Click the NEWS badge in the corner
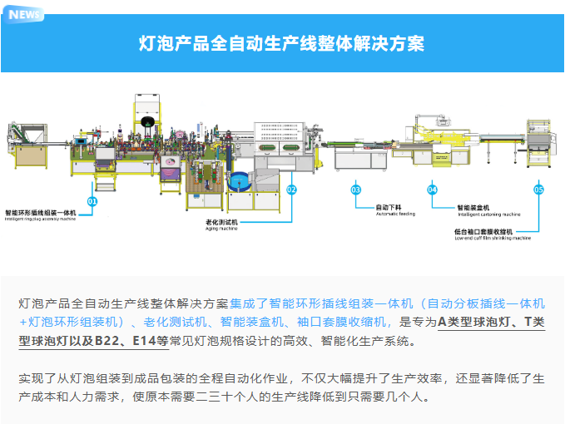point(24,14)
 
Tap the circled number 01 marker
point(92,201)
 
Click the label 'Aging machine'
point(221,229)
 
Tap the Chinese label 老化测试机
point(222,222)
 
